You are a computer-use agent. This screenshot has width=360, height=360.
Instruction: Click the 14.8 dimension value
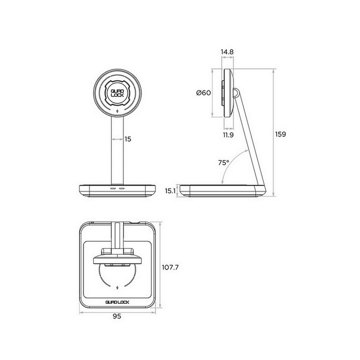point(228,52)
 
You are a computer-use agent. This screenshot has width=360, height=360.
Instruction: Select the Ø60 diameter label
point(203,93)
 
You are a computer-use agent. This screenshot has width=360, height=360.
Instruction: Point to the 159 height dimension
point(281,134)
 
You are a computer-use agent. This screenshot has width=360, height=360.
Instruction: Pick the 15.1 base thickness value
point(170,191)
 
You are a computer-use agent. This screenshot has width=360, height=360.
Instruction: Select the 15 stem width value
point(128,139)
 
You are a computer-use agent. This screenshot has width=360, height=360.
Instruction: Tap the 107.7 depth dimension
point(172,268)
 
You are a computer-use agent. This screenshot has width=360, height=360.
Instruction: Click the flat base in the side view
point(224,191)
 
